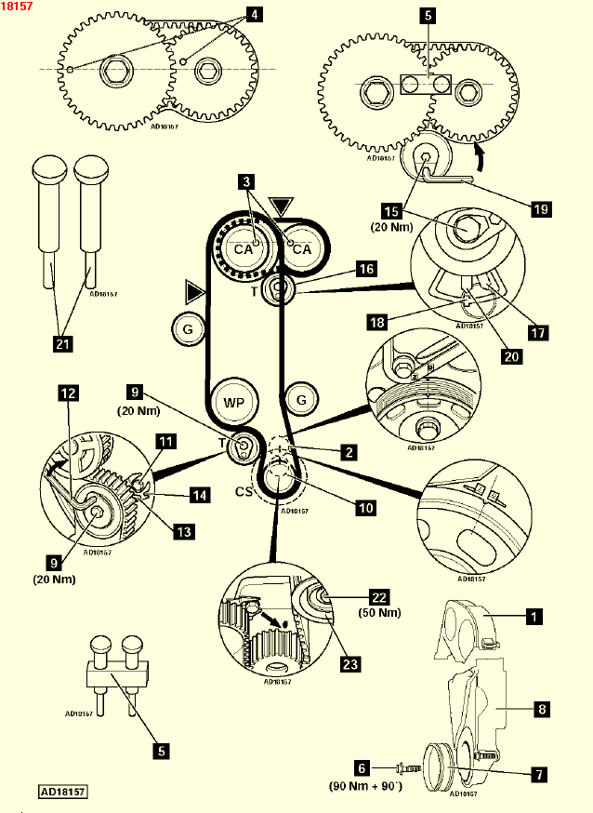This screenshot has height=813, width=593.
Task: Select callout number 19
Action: [540, 209]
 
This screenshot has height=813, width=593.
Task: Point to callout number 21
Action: [62, 345]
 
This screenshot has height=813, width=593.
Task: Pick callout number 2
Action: [348, 453]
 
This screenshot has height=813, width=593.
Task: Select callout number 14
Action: [198, 496]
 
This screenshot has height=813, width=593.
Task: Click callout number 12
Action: [67, 393]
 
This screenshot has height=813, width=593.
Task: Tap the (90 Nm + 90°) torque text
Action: [366, 785]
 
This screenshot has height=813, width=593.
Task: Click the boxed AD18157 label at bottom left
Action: [63, 793]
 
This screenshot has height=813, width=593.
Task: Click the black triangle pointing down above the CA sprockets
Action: [280, 205]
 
